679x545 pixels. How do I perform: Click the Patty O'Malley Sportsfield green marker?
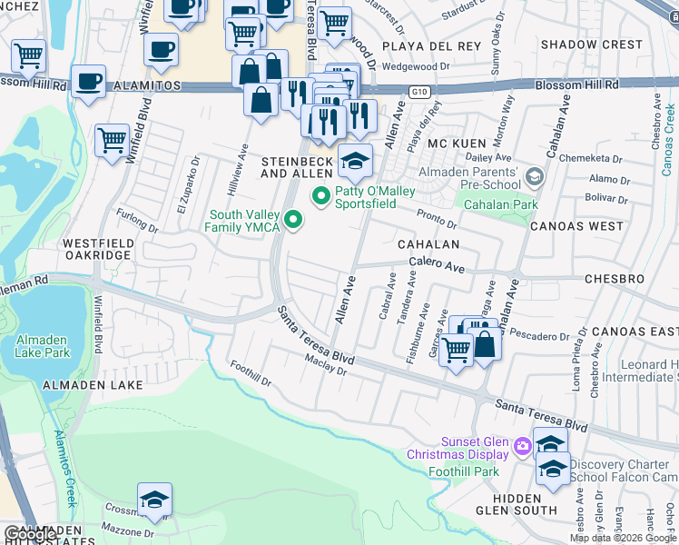[320, 195]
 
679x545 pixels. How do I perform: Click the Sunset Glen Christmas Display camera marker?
[522, 445]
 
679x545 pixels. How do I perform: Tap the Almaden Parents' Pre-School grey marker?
[535, 175]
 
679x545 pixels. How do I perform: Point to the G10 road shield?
[418, 92]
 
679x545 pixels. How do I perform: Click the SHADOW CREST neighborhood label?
[591, 45]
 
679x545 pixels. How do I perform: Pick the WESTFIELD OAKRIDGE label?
[95, 250]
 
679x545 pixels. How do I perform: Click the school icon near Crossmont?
[154, 500]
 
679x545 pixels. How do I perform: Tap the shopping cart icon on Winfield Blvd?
[112, 142]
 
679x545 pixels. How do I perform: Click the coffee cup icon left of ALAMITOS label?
[88, 82]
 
